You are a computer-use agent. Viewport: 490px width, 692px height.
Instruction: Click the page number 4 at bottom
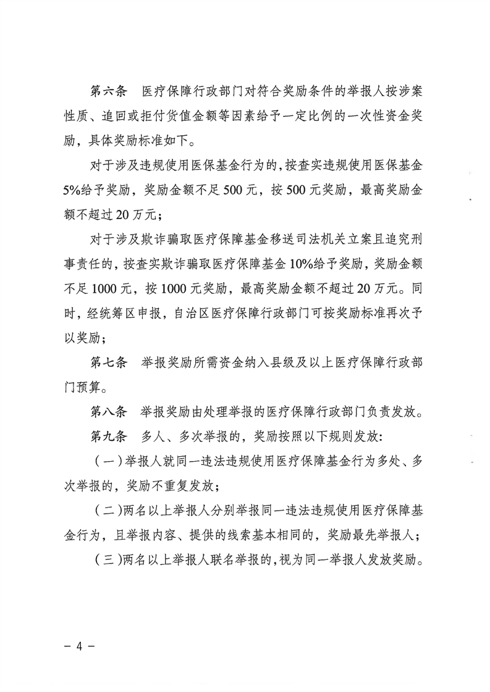coord(78,649)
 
